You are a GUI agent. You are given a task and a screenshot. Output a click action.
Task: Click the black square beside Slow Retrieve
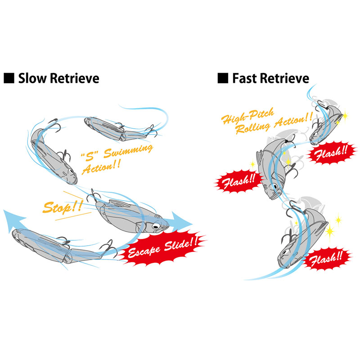[9, 78]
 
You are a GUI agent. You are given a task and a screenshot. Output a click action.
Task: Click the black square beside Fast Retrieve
[222, 78]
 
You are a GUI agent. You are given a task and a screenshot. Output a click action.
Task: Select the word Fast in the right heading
[244, 78]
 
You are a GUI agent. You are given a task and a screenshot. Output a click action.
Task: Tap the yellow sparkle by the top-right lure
[345, 117]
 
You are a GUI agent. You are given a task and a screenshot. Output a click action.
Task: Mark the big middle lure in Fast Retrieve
[272, 166]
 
